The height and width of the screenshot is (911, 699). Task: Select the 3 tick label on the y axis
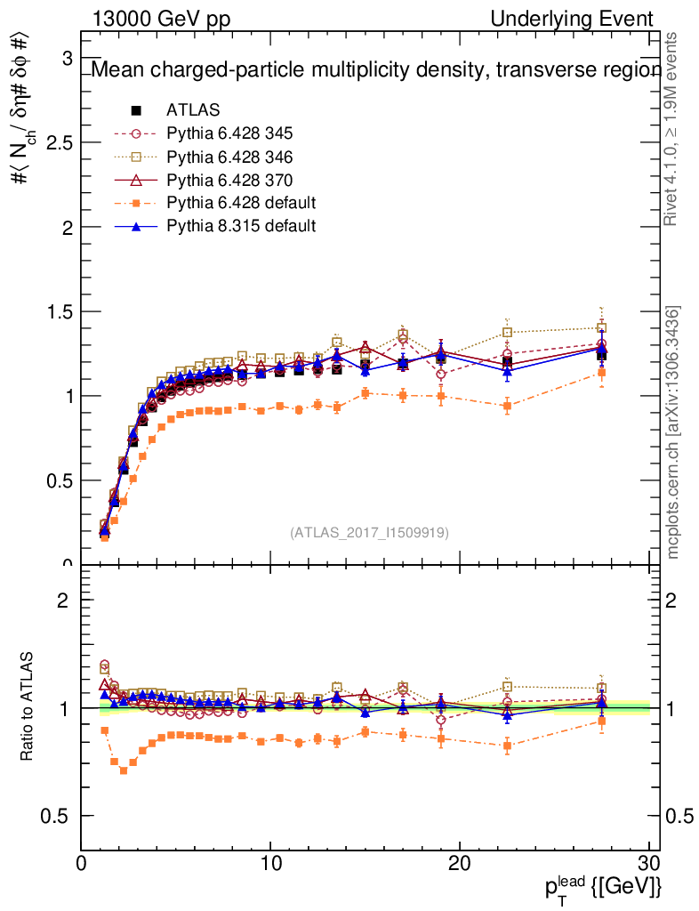click(x=66, y=58)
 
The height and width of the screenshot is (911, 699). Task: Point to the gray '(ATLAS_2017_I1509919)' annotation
click(x=369, y=533)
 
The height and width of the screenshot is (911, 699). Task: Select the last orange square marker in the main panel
click(x=602, y=372)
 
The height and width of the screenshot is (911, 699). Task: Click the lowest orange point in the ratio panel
click(x=124, y=770)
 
